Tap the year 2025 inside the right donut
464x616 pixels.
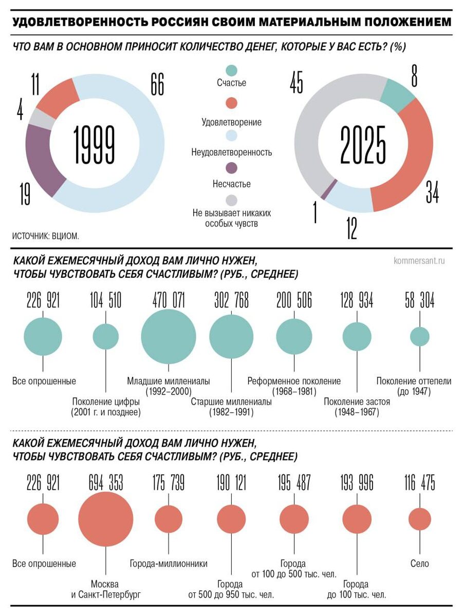pyautogui.click(x=363, y=144)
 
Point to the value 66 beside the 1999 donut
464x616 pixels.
pyautogui.click(x=157, y=84)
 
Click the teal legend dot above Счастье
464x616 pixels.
pyautogui.click(x=232, y=70)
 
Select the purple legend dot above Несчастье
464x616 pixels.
pyautogui.click(x=232, y=168)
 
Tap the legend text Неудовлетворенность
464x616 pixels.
pyautogui.click(x=232, y=152)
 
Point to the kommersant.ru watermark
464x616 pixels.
pyautogui.click(x=419, y=261)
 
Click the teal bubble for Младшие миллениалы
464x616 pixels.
pyautogui.click(x=169, y=336)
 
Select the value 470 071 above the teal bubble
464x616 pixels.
pyautogui.click(x=169, y=300)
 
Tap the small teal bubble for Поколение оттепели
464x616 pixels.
pyautogui.click(x=420, y=337)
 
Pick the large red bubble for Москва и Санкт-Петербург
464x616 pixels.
pyautogui.click(x=106, y=518)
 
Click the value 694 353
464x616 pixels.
pyautogui.click(x=106, y=483)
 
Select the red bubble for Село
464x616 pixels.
pyautogui.click(x=420, y=519)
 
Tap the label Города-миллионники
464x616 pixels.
pyautogui.click(x=169, y=564)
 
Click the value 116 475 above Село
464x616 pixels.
pyautogui.click(x=420, y=483)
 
